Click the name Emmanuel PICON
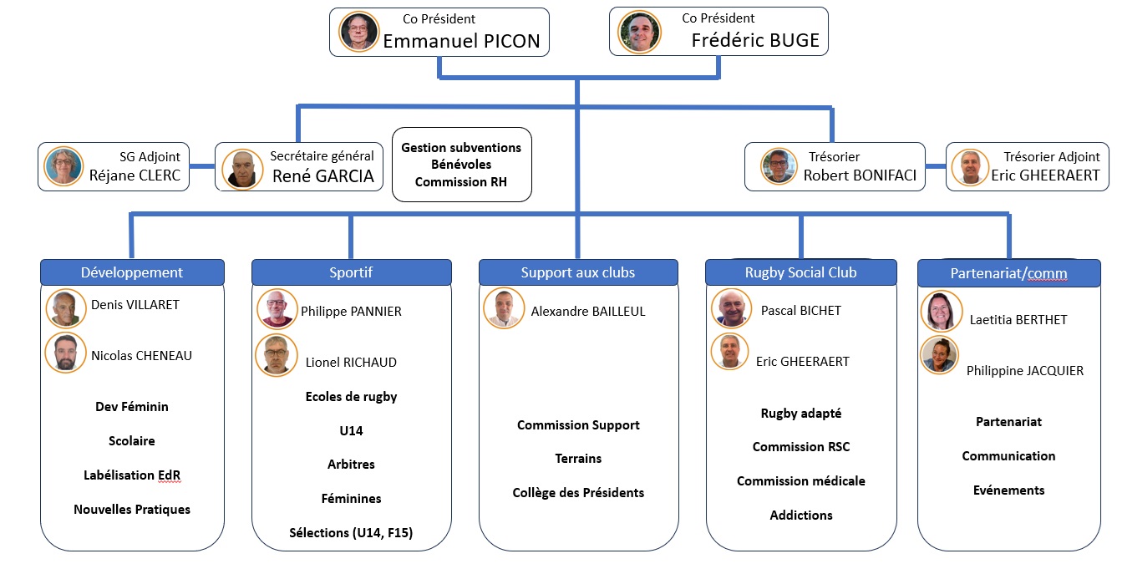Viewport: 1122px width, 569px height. pos(461,41)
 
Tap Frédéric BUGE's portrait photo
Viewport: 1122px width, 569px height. pos(639,32)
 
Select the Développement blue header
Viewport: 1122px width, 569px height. pos(132,272)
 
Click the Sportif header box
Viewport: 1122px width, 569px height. pos(351,272)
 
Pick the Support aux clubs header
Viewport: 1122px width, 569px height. pos(578,272)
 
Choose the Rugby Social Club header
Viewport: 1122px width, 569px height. pos(800,272)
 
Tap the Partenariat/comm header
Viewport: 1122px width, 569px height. pos(1008,273)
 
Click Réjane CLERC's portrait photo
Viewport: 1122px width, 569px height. pos(64,166)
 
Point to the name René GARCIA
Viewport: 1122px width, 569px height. pos(322,176)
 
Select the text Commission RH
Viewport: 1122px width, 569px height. pos(460,182)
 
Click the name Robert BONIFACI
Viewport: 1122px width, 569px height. pos(861,175)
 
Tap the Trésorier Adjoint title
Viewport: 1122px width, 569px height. pos(1052,156)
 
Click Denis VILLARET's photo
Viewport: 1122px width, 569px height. pos(67,307)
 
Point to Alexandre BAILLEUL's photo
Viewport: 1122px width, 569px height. pos(504,308)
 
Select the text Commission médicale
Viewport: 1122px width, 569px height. pos(800,481)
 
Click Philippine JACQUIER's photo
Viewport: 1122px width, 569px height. pos(939,355)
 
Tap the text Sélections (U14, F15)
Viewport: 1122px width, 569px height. pos(351,533)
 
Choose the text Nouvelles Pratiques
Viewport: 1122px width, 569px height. pos(132,510)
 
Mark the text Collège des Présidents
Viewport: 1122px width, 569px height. pos(578,493)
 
